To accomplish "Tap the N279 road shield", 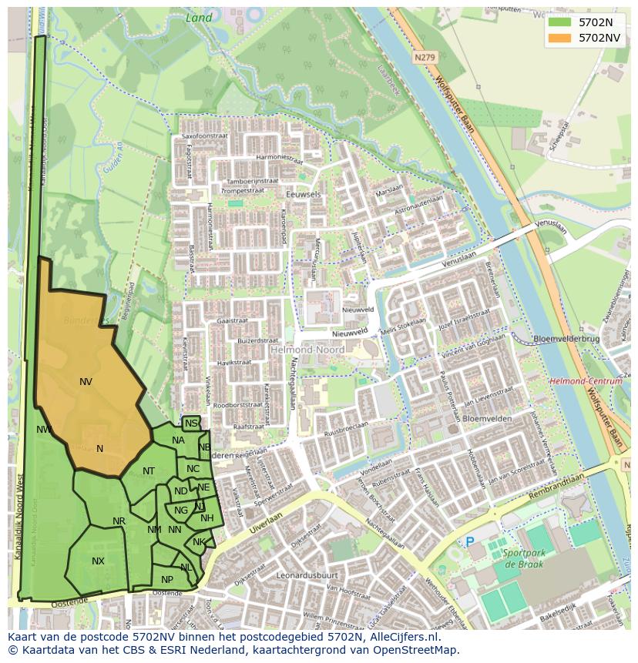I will click(423, 57).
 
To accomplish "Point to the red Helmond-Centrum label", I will click(586, 381).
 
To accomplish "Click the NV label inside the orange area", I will click(86, 381).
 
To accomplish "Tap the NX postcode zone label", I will click(98, 561).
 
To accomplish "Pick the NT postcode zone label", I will click(149, 471).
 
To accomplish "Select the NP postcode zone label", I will click(167, 580).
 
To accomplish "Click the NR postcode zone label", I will click(119, 521).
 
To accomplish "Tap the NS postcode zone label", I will click(191, 424).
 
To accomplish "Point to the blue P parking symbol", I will click(470, 542).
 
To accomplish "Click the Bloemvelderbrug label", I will click(566, 339).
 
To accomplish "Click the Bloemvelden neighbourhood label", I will click(487, 418).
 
